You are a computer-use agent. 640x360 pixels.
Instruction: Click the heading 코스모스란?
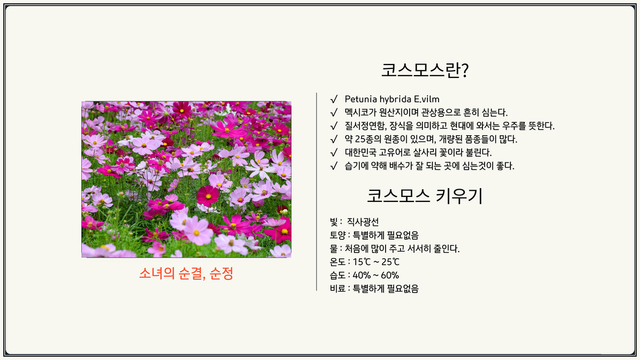(x=425, y=70)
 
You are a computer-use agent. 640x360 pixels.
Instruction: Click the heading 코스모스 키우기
(x=425, y=196)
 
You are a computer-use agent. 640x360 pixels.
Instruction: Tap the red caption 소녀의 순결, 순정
(x=186, y=273)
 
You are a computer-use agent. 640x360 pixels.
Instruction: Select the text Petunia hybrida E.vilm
(x=392, y=99)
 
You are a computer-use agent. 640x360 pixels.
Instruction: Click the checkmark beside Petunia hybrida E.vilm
(x=334, y=99)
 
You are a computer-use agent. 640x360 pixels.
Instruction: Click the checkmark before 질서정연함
(x=334, y=126)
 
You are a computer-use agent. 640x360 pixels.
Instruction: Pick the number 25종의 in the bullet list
(x=368, y=139)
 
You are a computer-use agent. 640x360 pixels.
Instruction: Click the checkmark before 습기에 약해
(x=334, y=166)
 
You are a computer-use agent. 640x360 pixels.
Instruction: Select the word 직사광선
(x=363, y=222)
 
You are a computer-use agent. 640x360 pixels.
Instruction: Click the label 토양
(x=338, y=235)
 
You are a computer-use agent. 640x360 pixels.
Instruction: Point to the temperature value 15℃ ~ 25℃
(x=376, y=262)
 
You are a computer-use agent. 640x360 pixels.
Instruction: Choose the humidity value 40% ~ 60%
(x=376, y=275)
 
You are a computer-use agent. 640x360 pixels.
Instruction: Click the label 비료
(x=338, y=289)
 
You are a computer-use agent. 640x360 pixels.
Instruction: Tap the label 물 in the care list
(x=333, y=249)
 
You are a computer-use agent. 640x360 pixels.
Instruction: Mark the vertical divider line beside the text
(x=316, y=192)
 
